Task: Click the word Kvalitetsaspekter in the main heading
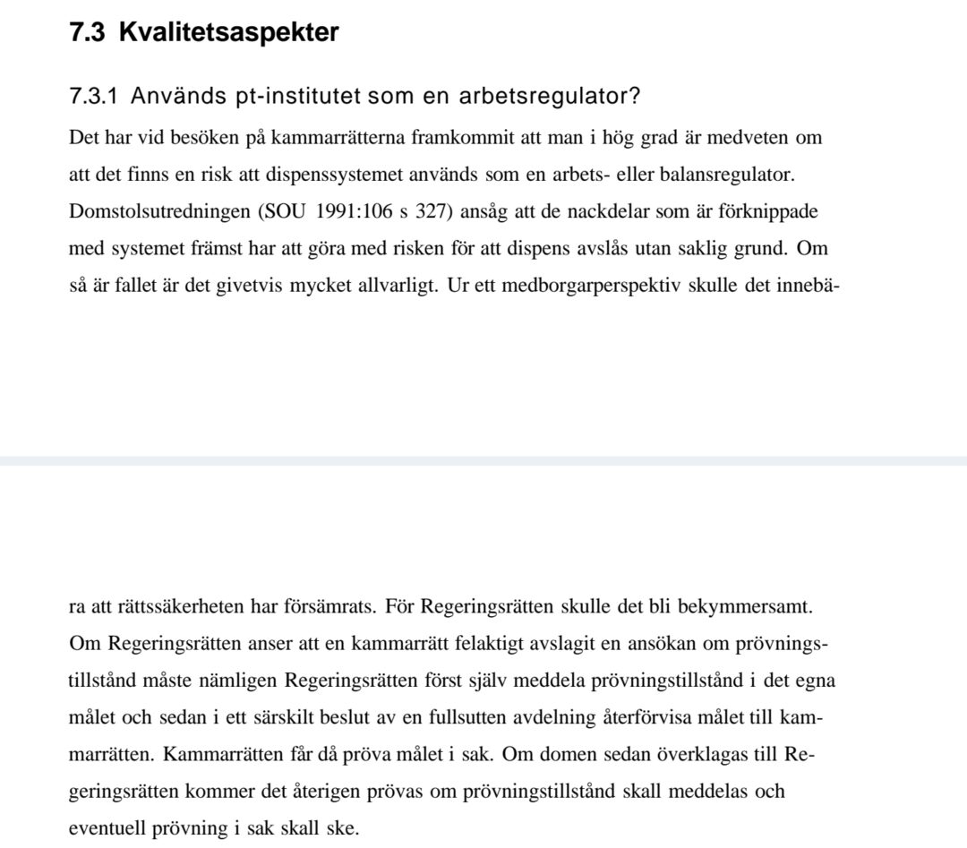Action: click(228, 32)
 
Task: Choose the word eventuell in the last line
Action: click(110, 828)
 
